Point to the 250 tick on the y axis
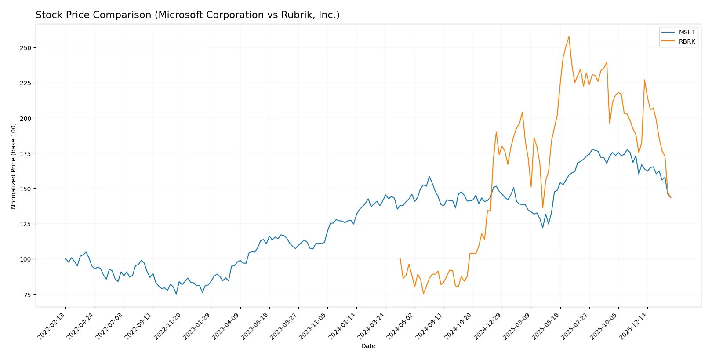[25, 47]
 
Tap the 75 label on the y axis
[27, 295]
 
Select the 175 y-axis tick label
[25, 153]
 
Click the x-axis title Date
[368, 346]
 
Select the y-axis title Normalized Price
[14, 166]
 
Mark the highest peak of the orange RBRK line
[569, 36]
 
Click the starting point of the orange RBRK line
[400, 259]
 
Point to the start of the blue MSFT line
[65, 259]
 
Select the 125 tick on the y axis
[25, 224]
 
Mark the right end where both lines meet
[671, 198]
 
